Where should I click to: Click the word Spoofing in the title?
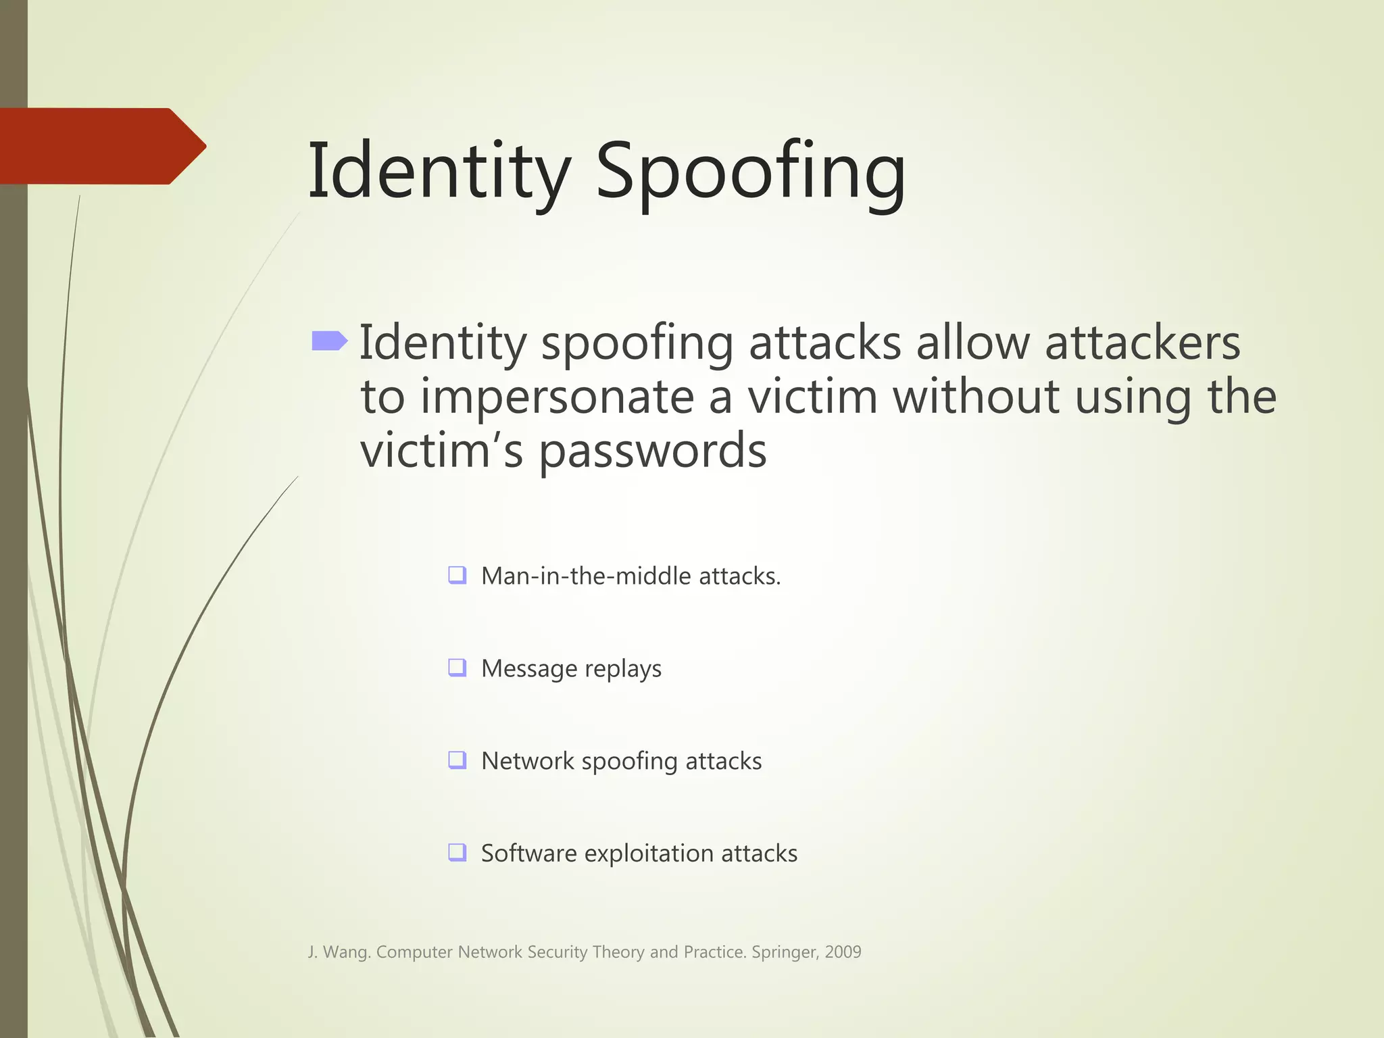[750, 172]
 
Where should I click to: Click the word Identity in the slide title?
[439, 172]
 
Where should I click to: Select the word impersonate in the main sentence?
[558, 397]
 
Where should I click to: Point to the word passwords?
[652, 451]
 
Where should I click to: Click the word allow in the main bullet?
[972, 343]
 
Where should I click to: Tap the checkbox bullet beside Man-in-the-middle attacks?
[458, 575]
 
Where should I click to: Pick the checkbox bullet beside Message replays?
[458, 668]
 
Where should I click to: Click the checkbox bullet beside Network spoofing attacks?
[458, 760]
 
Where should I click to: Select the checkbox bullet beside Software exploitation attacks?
[458, 852]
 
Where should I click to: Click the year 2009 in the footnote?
[843, 951]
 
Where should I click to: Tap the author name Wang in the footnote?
[347, 952]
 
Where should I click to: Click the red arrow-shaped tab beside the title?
[101, 146]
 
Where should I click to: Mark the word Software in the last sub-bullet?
[528, 854]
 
